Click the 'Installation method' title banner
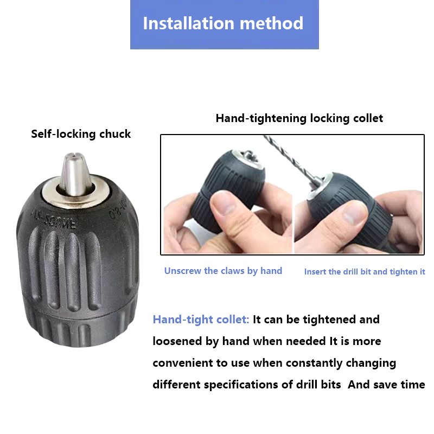click(x=225, y=24)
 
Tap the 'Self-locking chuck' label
click(x=81, y=134)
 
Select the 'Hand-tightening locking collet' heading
click(x=299, y=118)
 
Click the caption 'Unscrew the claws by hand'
click(x=223, y=271)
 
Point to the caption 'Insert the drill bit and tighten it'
click(x=365, y=272)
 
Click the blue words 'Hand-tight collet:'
click(x=201, y=320)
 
